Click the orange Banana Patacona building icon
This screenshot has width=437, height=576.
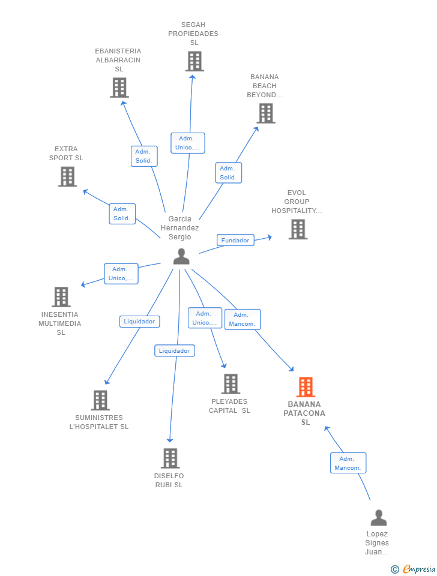click(306, 387)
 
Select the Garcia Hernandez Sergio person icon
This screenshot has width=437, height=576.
click(181, 256)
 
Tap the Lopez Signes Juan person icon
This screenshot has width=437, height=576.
click(379, 518)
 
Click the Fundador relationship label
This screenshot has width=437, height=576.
click(235, 240)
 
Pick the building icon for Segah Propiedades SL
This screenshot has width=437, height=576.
click(194, 61)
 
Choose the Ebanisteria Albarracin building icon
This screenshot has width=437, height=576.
click(119, 88)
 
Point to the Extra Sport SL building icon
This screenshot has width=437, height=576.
click(68, 176)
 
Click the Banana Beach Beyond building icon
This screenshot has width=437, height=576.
click(266, 113)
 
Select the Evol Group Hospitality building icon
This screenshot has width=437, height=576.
click(298, 229)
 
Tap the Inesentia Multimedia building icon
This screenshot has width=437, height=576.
click(61, 297)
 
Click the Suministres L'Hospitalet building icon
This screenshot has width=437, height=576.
click(100, 400)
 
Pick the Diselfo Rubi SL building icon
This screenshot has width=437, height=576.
click(170, 458)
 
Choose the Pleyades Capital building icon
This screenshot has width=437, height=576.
click(231, 384)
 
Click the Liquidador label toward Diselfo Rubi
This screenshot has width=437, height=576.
click(174, 351)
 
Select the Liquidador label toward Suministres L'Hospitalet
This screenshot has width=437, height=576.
click(139, 322)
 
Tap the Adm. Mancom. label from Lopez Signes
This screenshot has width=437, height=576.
click(348, 463)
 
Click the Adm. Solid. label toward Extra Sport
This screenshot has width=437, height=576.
click(122, 214)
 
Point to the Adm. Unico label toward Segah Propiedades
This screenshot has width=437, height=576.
click(188, 143)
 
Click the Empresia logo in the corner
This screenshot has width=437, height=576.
click(413, 569)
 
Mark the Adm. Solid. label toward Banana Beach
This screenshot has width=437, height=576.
click(228, 173)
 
